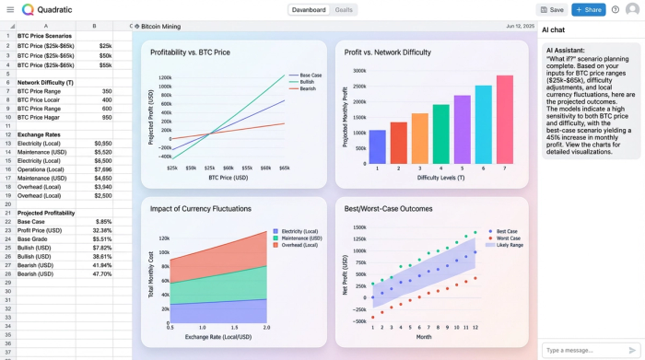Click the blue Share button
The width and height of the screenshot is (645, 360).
(x=588, y=9)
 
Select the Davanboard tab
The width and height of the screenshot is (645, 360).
(x=308, y=9)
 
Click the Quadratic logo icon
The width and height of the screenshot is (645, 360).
(x=28, y=9)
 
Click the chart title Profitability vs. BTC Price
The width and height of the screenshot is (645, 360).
(x=190, y=52)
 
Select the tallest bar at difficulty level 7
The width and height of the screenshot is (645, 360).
(x=504, y=119)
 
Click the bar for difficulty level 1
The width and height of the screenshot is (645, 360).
(x=377, y=146)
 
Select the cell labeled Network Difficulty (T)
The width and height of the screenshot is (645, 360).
(x=45, y=82)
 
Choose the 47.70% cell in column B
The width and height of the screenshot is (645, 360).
(x=102, y=273)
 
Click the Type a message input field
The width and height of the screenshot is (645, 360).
(x=582, y=350)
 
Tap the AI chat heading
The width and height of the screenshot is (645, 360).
(x=554, y=30)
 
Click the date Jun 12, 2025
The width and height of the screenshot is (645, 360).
(x=519, y=27)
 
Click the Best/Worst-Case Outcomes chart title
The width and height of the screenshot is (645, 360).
(x=387, y=209)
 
